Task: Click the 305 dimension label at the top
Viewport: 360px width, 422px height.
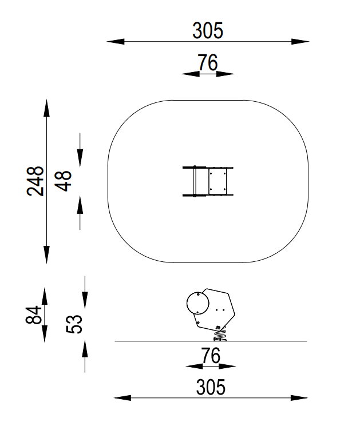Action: coord(207,30)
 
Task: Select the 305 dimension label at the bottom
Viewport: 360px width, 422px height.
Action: coord(211,387)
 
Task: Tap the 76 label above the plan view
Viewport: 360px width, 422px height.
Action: coord(207,63)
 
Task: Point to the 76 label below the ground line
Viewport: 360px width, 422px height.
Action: coord(211,356)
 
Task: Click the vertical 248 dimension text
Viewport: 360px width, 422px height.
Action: coord(36,181)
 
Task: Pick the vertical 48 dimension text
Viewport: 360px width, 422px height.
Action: coord(64,181)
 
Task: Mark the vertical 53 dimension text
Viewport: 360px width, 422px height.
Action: coord(76,324)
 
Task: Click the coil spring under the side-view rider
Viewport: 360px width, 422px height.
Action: coord(220,332)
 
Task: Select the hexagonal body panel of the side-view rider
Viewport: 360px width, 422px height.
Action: coord(217,309)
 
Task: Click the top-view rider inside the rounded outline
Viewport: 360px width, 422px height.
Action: coord(208,181)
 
